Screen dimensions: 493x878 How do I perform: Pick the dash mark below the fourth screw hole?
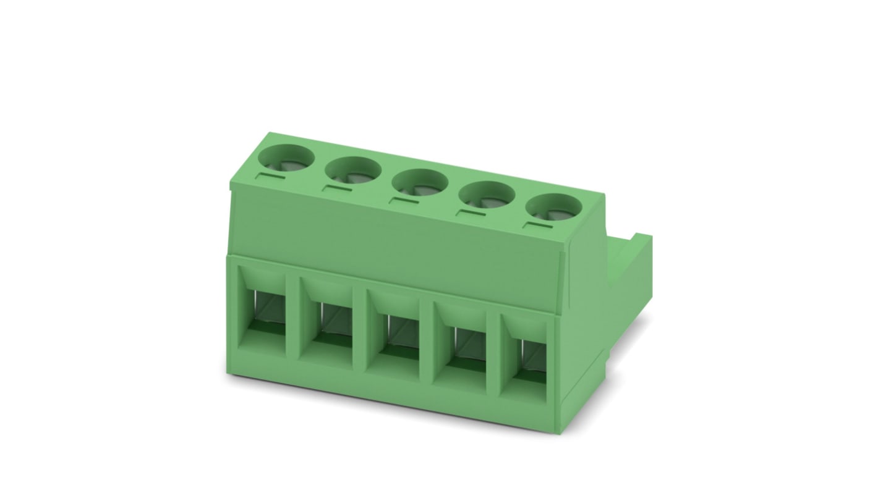pos(470,213)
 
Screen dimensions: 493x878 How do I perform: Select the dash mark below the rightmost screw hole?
pos(536,225)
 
